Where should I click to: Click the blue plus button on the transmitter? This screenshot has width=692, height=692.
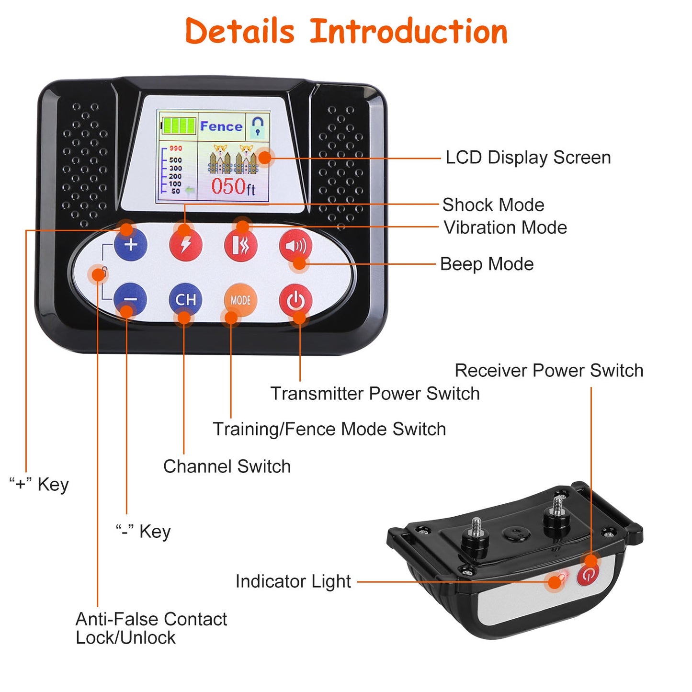click(x=131, y=245)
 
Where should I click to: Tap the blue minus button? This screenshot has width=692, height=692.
click(x=131, y=300)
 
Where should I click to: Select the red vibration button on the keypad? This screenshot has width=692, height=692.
click(x=241, y=245)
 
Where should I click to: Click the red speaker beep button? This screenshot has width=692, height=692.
click(x=295, y=246)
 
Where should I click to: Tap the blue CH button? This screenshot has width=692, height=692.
click(x=185, y=300)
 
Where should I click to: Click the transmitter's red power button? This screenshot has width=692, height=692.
click(x=295, y=301)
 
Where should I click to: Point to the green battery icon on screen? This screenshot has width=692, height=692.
click(x=179, y=126)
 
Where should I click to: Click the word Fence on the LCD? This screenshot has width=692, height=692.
click(x=221, y=126)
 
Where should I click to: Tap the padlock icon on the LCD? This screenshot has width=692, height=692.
click(x=258, y=126)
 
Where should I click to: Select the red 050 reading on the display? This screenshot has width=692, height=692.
click(x=229, y=186)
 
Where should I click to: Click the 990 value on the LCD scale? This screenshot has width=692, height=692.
click(x=176, y=148)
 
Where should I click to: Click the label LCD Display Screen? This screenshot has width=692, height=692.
click(x=528, y=158)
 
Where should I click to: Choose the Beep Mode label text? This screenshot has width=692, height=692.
click(x=487, y=264)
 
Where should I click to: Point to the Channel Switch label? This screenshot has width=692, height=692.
click(x=227, y=466)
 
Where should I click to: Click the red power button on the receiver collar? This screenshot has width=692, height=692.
click(x=588, y=574)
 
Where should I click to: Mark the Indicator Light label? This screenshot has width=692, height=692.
click(x=293, y=581)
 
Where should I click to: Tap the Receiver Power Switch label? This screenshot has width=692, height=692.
click(x=549, y=371)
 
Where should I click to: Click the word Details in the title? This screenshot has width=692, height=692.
click(x=239, y=32)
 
